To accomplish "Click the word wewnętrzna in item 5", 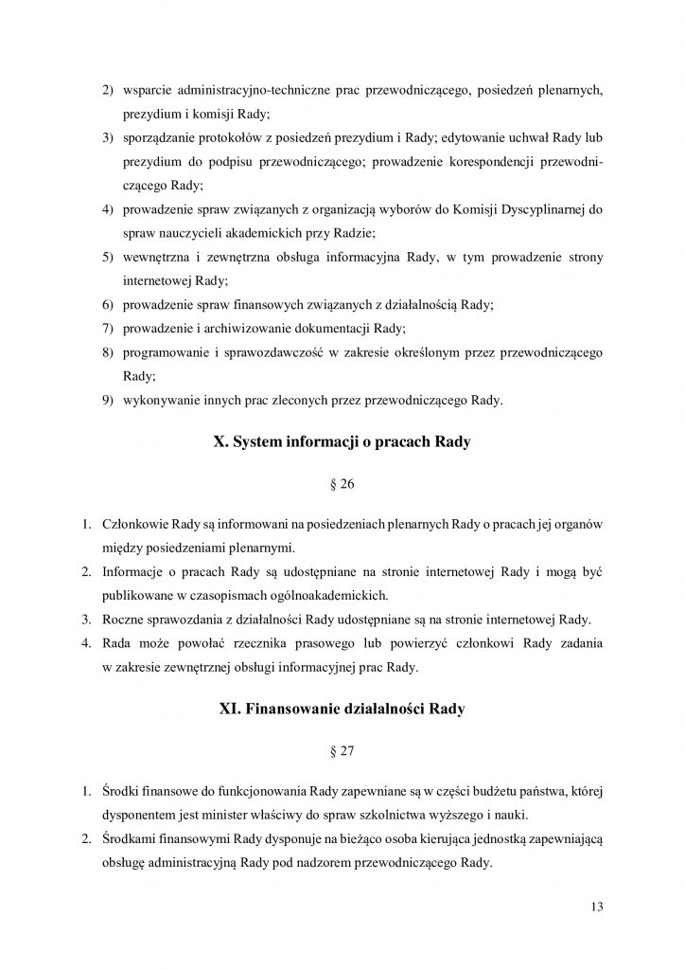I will pyautogui.click(x=156, y=258).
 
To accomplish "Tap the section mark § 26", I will pyautogui.click(x=342, y=488).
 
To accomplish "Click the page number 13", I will pyautogui.click(x=595, y=907).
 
